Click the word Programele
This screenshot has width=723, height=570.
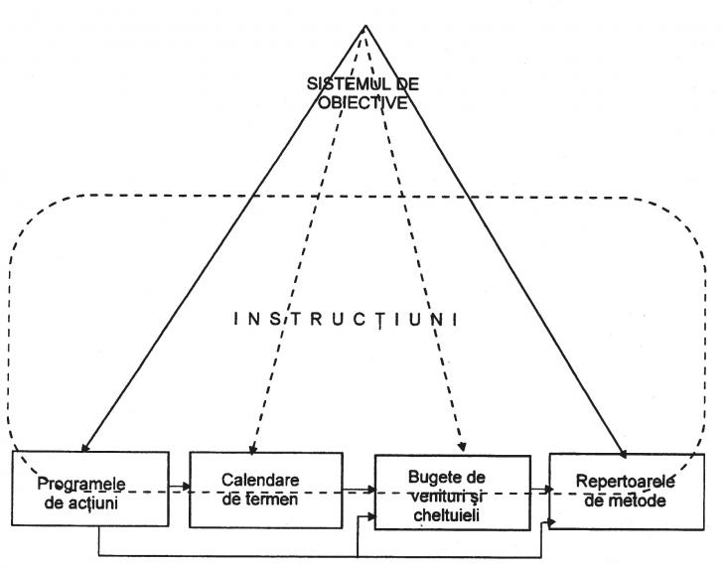(x=84, y=485)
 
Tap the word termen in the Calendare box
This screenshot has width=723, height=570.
(x=266, y=499)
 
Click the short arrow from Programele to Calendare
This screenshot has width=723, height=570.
(x=179, y=487)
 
